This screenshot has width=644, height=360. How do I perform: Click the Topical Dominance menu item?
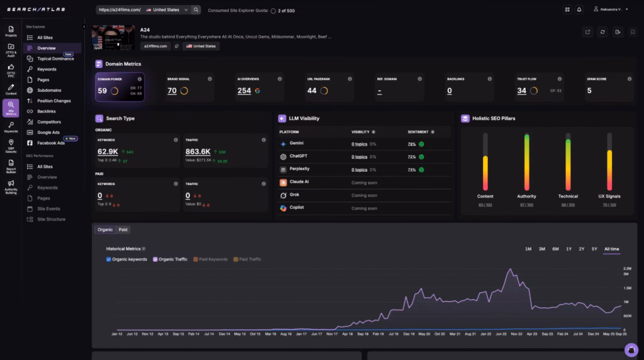tap(55, 59)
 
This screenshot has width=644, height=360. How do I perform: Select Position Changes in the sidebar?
tap(53, 101)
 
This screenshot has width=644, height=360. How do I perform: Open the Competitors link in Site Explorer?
tap(49, 121)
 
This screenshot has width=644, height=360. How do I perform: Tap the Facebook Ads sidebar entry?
tap(51, 143)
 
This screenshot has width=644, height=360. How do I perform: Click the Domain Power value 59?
tap(103, 91)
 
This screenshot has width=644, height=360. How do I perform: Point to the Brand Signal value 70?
tap(172, 91)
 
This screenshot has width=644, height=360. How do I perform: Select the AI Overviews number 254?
tap(244, 91)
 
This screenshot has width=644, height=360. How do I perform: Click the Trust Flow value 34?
tap(521, 91)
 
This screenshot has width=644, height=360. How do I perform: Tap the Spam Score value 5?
tap(589, 91)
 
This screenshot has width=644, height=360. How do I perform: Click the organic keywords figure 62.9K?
tap(108, 152)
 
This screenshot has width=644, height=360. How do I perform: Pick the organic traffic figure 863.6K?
tap(197, 152)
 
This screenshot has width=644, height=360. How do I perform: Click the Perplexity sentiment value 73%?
tap(411, 169)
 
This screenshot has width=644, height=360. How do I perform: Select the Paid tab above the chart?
tap(123, 230)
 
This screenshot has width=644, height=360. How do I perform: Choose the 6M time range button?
tap(555, 249)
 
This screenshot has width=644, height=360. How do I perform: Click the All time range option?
tap(611, 249)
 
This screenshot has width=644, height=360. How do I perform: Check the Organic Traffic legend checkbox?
tap(155, 259)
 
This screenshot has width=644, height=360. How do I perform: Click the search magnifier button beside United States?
tap(196, 10)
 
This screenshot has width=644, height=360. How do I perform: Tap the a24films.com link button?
tap(155, 46)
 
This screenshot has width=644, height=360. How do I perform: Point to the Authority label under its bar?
tap(526, 196)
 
